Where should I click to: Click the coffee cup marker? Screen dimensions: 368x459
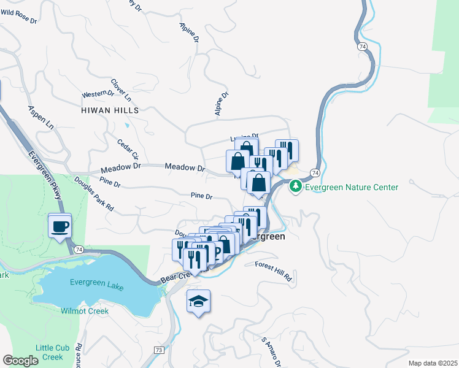(60, 226)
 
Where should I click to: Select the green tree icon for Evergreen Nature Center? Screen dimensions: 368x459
(296, 185)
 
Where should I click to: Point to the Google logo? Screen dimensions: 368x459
(20, 361)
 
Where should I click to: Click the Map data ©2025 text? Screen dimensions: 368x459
(433, 363)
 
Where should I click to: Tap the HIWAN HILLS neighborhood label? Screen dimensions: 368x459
(110, 111)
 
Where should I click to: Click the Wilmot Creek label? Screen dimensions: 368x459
(85, 311)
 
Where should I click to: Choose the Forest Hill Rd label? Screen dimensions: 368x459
(274, 265)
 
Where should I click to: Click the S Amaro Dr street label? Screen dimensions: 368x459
(271, 352)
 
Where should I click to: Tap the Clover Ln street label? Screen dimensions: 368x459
(121, 90)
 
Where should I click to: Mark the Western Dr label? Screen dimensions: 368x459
(98, 95)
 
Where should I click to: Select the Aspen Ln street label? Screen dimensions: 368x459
(41, 117)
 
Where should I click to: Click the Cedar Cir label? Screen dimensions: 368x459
(128, 148)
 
